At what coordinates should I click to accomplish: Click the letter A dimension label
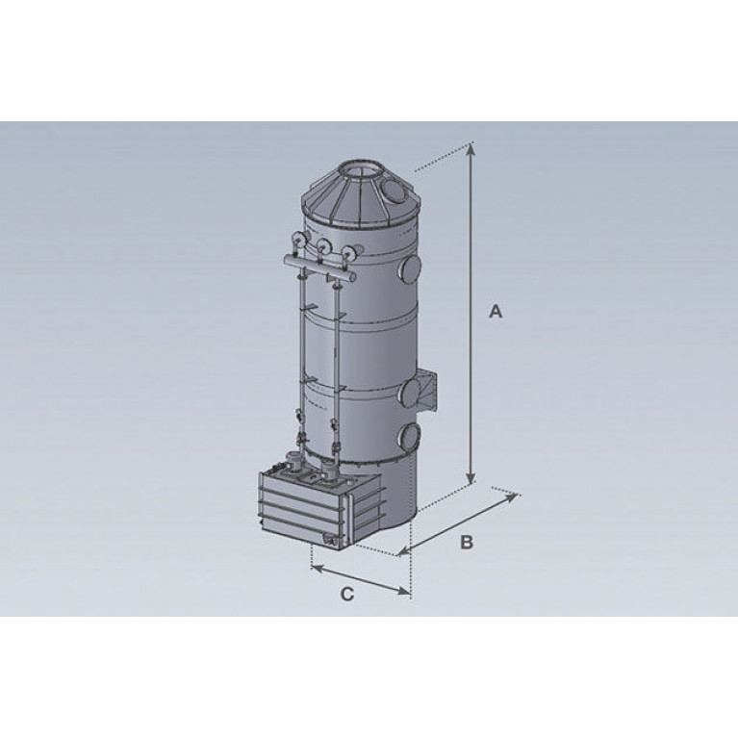[x=496, y=311]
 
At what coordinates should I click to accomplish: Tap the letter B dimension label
[x=466, y=543]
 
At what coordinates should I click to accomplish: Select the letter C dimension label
[x=347, y=594]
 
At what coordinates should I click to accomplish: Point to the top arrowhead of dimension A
[x=471, y=149]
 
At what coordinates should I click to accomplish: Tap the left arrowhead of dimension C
[x=318, y=570]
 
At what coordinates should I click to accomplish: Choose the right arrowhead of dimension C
[x=404, y=591]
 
